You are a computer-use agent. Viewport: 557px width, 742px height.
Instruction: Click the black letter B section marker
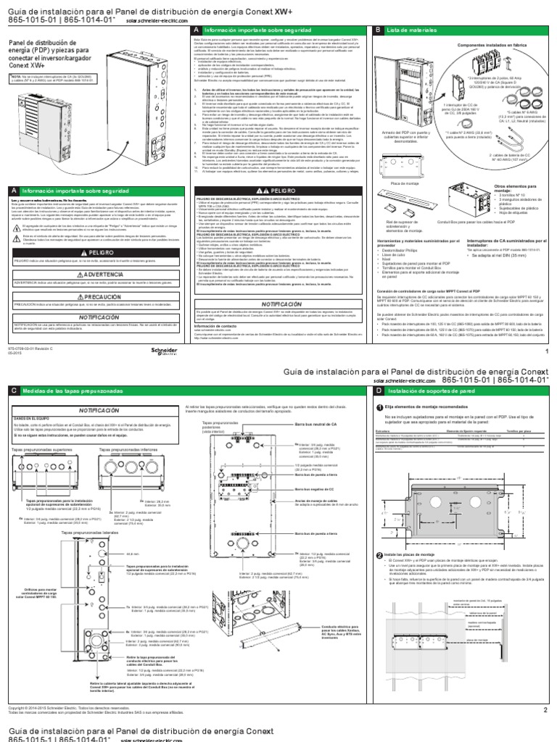(378, 30)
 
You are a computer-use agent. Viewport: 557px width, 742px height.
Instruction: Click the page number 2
(545, 710)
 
